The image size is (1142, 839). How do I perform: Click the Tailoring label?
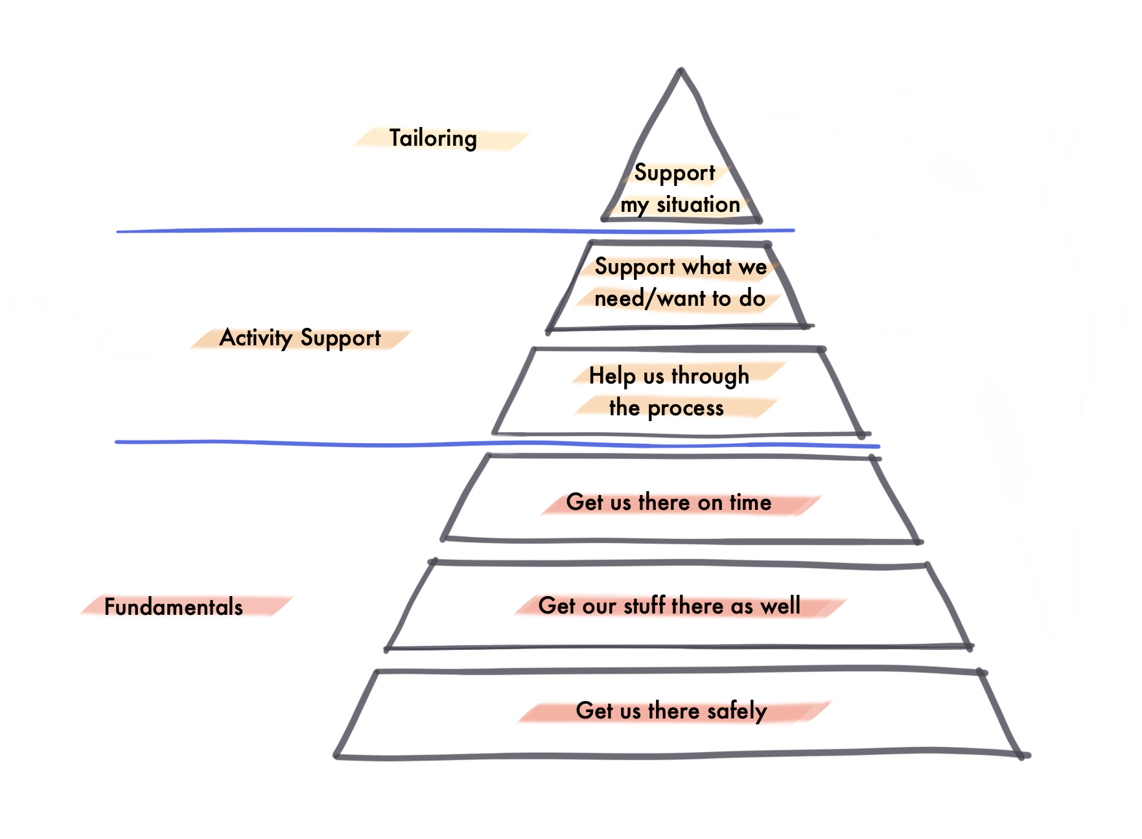[x=433, y=139]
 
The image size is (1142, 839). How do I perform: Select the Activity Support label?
[x=300, y=338]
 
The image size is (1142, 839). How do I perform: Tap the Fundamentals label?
[x=174, y=607]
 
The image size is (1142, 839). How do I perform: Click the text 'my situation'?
[x=680, y=205]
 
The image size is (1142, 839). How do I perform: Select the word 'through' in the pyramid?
[x=710, y=376]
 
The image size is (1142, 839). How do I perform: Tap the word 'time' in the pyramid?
[x=751, y=502]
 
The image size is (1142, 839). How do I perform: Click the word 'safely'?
[x=737, y=711]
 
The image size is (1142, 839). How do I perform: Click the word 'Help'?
[x=612, y=376]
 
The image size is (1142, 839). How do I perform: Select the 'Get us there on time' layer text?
[x=668, y=502]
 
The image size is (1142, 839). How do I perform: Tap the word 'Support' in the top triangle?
[x=674, y=173]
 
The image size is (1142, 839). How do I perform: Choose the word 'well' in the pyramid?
[x=780, y=606]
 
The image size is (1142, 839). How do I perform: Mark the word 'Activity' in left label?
[x=256, y=338]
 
